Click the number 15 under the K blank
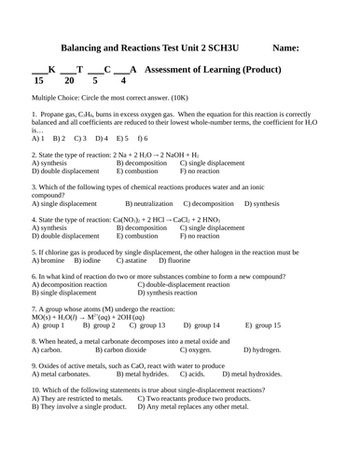tap(38, 81)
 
